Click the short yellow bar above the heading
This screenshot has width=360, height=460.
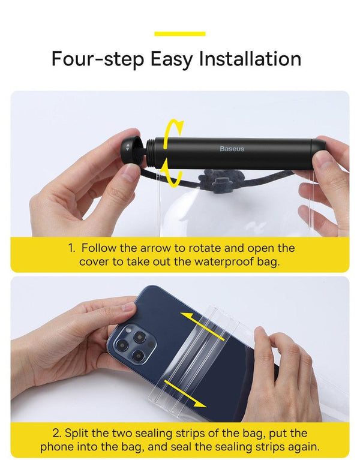click(179, 34)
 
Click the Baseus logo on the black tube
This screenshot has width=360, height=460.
click(232, 149)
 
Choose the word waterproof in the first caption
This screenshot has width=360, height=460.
click(215, 262)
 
